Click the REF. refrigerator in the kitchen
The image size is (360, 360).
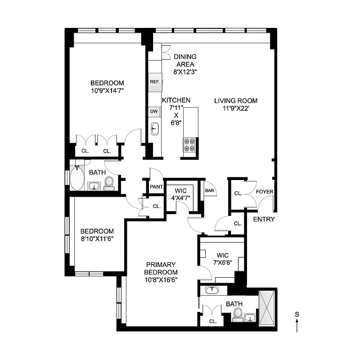click(x=155, y=82)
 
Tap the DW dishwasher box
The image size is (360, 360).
click(x=153, y=112)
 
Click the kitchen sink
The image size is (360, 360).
click(x=154, y=129)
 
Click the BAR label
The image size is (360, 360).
click(x=210, y=191)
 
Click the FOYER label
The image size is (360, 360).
click(x=265, y=192)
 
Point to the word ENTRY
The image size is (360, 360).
click(x=264, y=219)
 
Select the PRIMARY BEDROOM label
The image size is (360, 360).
click(x=161, y=268)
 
